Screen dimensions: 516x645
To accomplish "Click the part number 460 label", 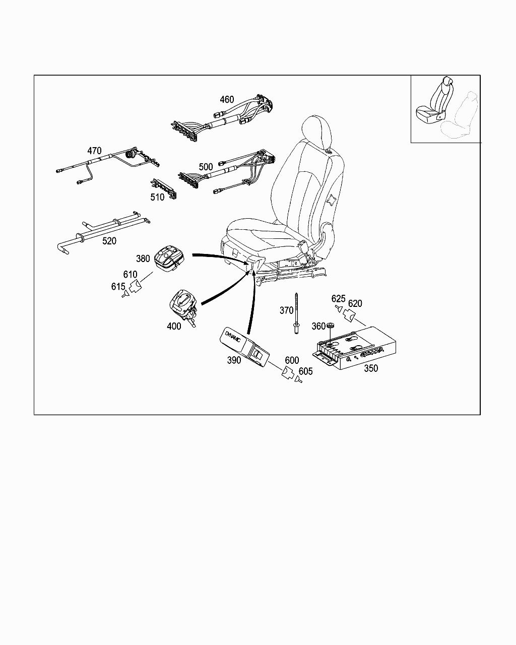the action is coord(227,99).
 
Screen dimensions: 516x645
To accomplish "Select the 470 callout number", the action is coord(94,151).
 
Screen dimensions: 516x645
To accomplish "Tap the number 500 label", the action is coord(206,166).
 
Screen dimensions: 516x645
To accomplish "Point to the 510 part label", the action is coord(157,197).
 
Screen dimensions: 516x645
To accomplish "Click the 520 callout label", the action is coord(109,241).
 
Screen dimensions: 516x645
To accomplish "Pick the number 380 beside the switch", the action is coord(143,259).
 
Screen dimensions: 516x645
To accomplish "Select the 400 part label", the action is coord(174,326).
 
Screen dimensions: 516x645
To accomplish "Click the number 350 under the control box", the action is coord(371,368).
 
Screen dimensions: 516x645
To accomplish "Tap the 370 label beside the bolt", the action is coord(286,311).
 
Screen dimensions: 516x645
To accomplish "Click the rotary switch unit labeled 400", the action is coord(182,305).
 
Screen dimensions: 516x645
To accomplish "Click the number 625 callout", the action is coord(339,299).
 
